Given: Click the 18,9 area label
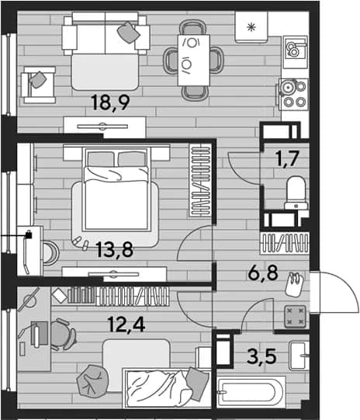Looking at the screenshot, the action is (x=110, y=102).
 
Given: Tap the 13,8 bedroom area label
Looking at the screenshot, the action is (x=114, y=249).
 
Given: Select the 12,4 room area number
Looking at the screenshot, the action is (x=126, y=324).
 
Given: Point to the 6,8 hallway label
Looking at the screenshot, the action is (x=263, y=273).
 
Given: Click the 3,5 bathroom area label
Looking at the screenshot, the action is (x=261, y=356).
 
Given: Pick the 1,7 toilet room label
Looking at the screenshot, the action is (x=287, y=158).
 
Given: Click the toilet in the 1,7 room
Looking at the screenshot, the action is (x=296, y=193).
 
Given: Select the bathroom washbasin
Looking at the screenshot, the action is (x=299, y=356).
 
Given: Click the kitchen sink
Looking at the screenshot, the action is (x=296, y=49).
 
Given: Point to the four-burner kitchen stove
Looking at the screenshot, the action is (x=293, y=94).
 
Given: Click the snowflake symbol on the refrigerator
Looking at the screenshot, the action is (x=251, y=27).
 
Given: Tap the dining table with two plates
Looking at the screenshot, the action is (x=193, y=60).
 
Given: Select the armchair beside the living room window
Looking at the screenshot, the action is (x=39, y=85).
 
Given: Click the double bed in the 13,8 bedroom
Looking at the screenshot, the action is (x=116, y=189).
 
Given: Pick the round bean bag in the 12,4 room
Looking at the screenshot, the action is (x=92, y=381).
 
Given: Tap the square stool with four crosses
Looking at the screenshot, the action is (x=295, y=316).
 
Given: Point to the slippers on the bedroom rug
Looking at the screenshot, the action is (x=81, y=243).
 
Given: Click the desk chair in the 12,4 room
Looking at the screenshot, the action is (x=63, y=334).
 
